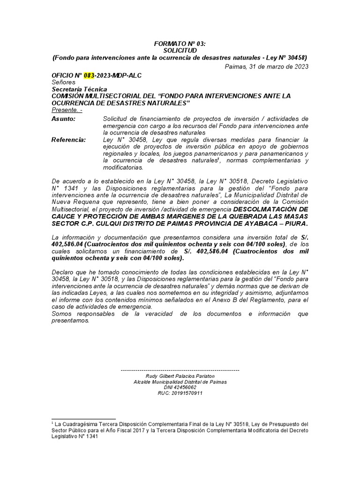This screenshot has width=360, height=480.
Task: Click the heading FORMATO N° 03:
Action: [x=180, y=43]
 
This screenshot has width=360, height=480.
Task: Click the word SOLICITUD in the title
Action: [x=180, y=50]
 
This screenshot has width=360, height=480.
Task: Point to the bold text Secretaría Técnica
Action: [x=79, y=89]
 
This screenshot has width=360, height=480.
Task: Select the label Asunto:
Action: [x=63, y=119]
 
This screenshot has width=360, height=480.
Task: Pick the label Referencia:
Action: [x=68, y=140]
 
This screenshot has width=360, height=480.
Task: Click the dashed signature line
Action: [x=180, y=370]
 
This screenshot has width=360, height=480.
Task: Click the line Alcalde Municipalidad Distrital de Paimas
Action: [x=180, y=382]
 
